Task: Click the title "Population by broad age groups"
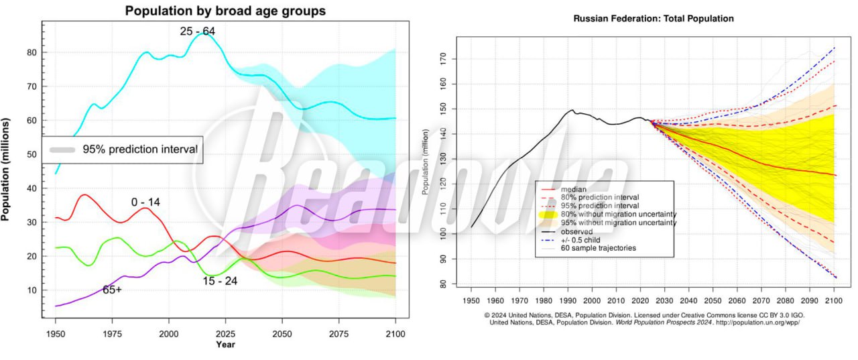(225, 11)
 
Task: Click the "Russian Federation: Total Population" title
(654, 19)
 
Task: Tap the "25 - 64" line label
(197, 32)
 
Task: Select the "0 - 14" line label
(145, 202)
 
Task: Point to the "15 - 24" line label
(220, 281)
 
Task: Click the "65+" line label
(113, 290)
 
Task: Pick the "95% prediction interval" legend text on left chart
(140, 149)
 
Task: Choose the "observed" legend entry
(576, 231)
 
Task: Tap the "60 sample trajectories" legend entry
(598, 248)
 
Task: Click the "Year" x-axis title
(225, 344)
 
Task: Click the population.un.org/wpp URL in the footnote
(757, 322)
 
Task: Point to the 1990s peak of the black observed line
(572, 110)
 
